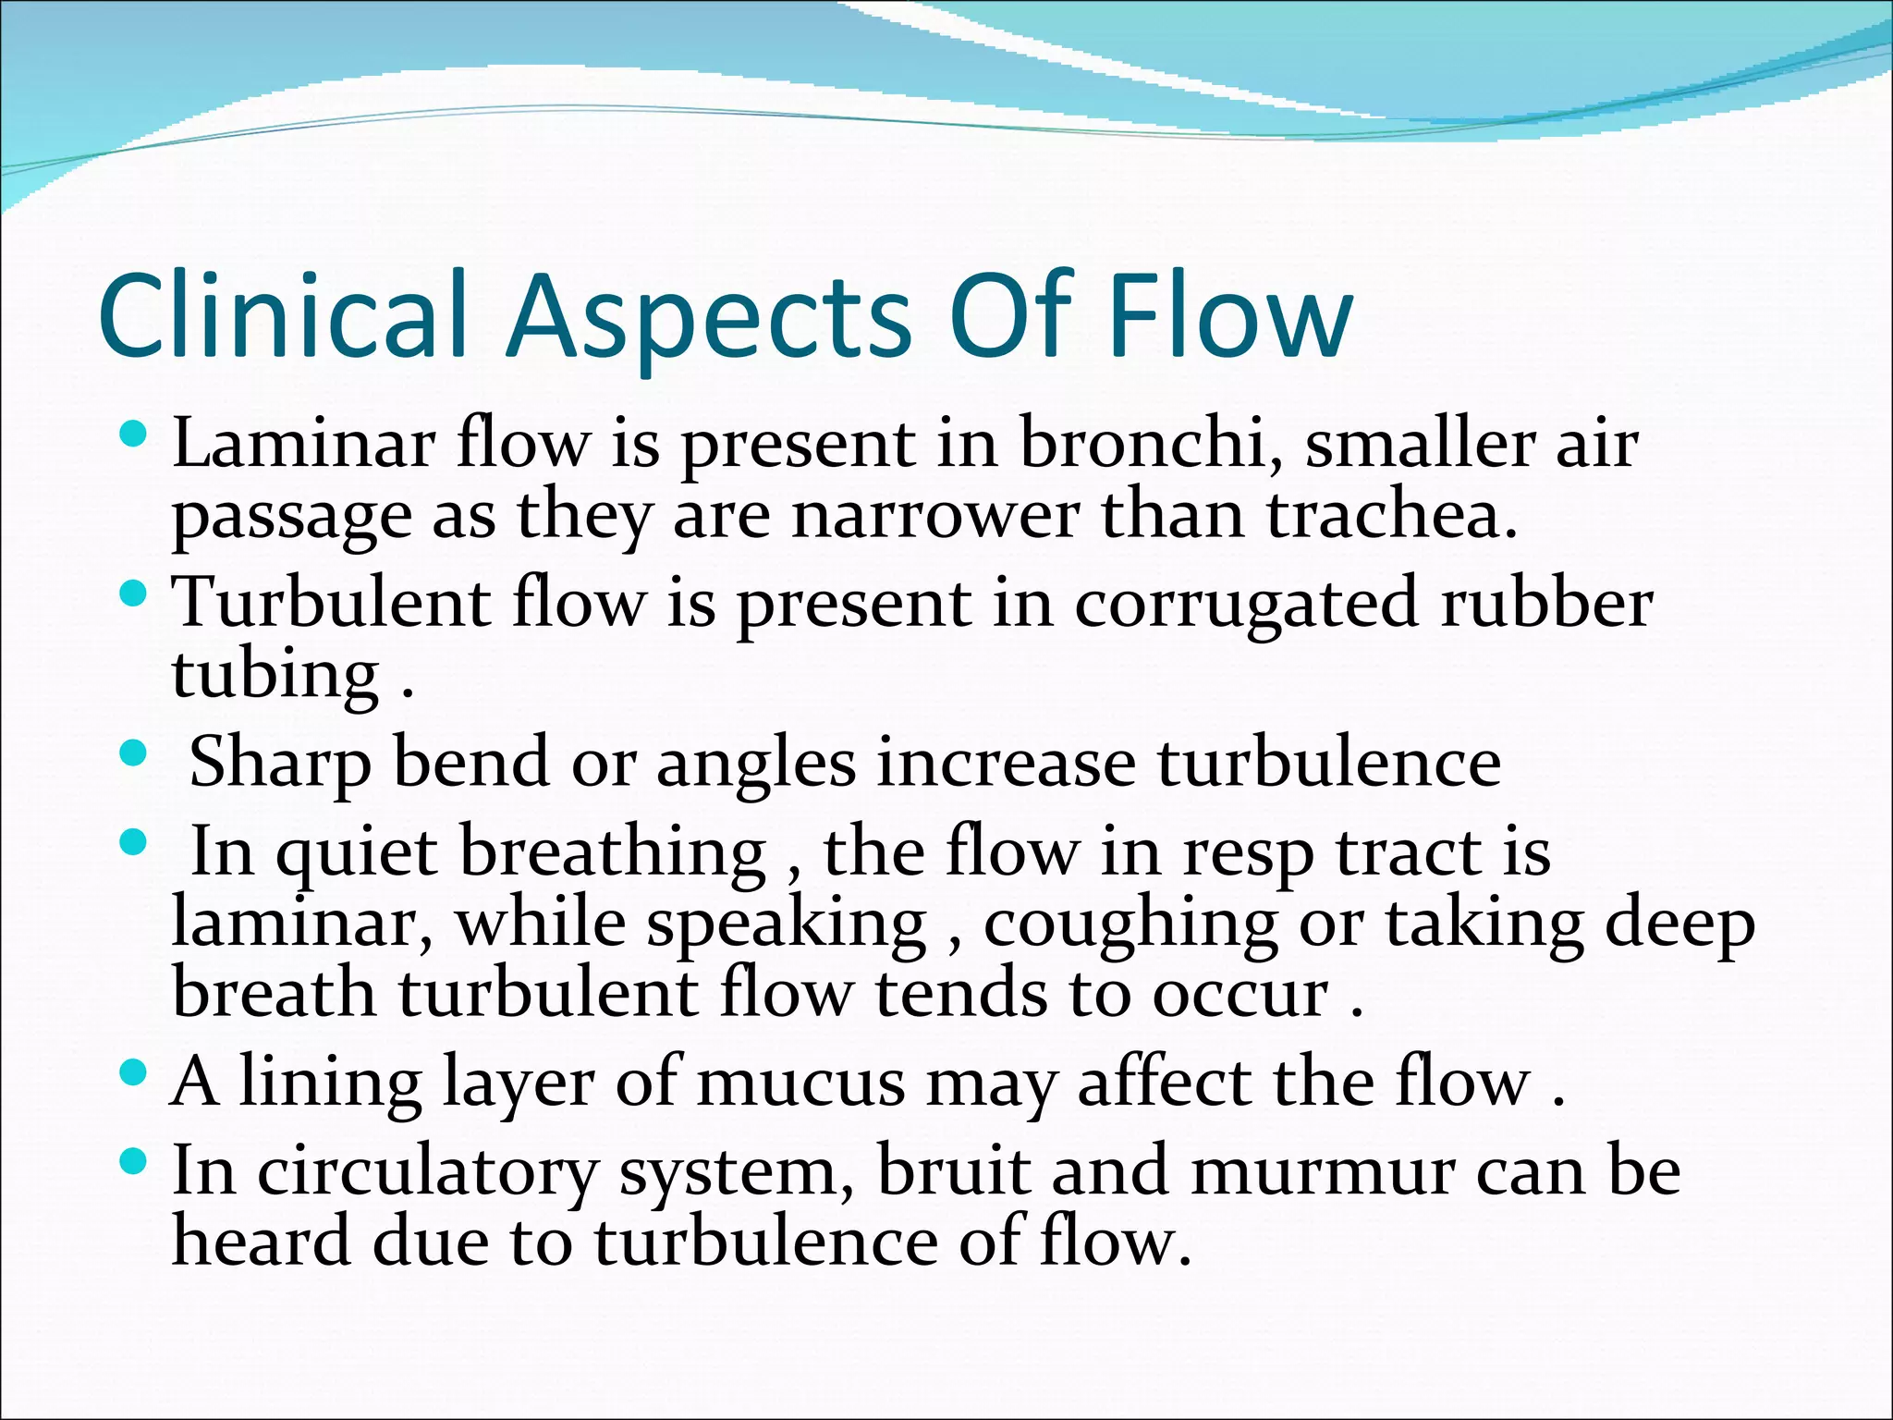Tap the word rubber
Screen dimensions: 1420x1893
(1546, 603)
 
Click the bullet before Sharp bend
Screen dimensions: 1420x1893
(133, 751)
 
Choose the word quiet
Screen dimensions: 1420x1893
(356, 853)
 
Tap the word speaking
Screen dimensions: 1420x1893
(786, 925)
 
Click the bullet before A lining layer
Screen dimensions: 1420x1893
(133, 1072)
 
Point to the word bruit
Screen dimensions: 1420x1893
(952, 1170)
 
